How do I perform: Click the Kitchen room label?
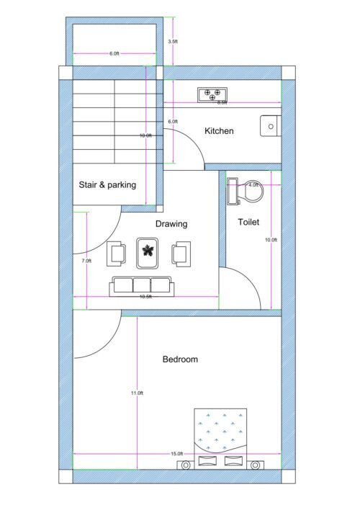click(x=219, y=131)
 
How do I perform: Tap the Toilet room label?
click(x=248, y=223)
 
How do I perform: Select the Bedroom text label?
click(x=179, y=359)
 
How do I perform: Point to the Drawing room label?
click(x=171, y=224)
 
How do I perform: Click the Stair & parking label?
click(x=107, y=185)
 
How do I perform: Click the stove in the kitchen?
click(x=212, y=94)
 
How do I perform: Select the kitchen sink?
click(x=270, y=125)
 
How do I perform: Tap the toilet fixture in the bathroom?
click(x=245, y=192)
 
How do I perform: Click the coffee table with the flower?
click(x=148, y=251)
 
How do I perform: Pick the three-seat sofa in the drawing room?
click(x=141, y=285)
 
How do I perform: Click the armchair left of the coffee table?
click(x=117, y=253)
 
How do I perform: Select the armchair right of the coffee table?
click(x=180, y=253)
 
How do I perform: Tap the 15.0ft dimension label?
click(x=176, y=454)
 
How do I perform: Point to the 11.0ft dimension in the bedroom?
click(x=137, y=393)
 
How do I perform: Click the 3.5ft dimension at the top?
click(x=173, y=42)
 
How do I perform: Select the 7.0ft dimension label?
click(x=86, y=261)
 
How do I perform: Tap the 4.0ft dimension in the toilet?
click(x=253, y=185)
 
